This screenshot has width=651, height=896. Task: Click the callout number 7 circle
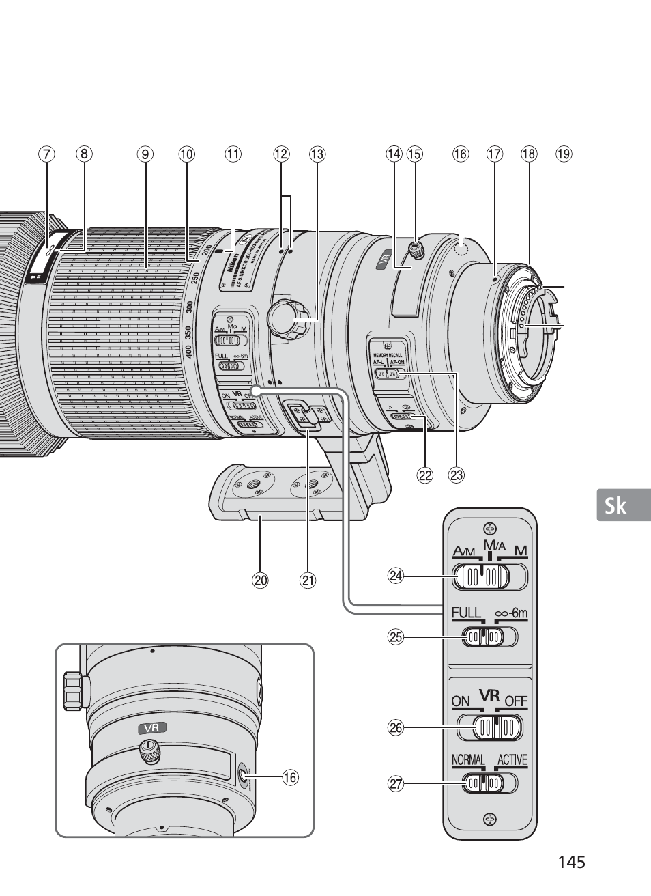coord(46,154)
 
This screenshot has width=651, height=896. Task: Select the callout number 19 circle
coord(563,154)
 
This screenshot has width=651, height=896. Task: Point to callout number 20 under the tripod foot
coord(260,581)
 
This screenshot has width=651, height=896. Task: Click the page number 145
coord(571,863)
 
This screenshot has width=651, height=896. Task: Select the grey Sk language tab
coord(623,505)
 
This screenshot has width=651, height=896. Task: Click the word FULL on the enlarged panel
coord(467,613)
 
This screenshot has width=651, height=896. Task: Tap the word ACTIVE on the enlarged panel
coord(512,760)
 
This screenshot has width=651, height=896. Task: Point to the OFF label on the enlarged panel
coord(517,701)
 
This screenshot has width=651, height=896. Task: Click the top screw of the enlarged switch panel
coord(489,527)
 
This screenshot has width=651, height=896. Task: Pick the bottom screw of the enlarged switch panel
coord(489,819)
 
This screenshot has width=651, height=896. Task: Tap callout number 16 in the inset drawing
coord(291,777)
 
